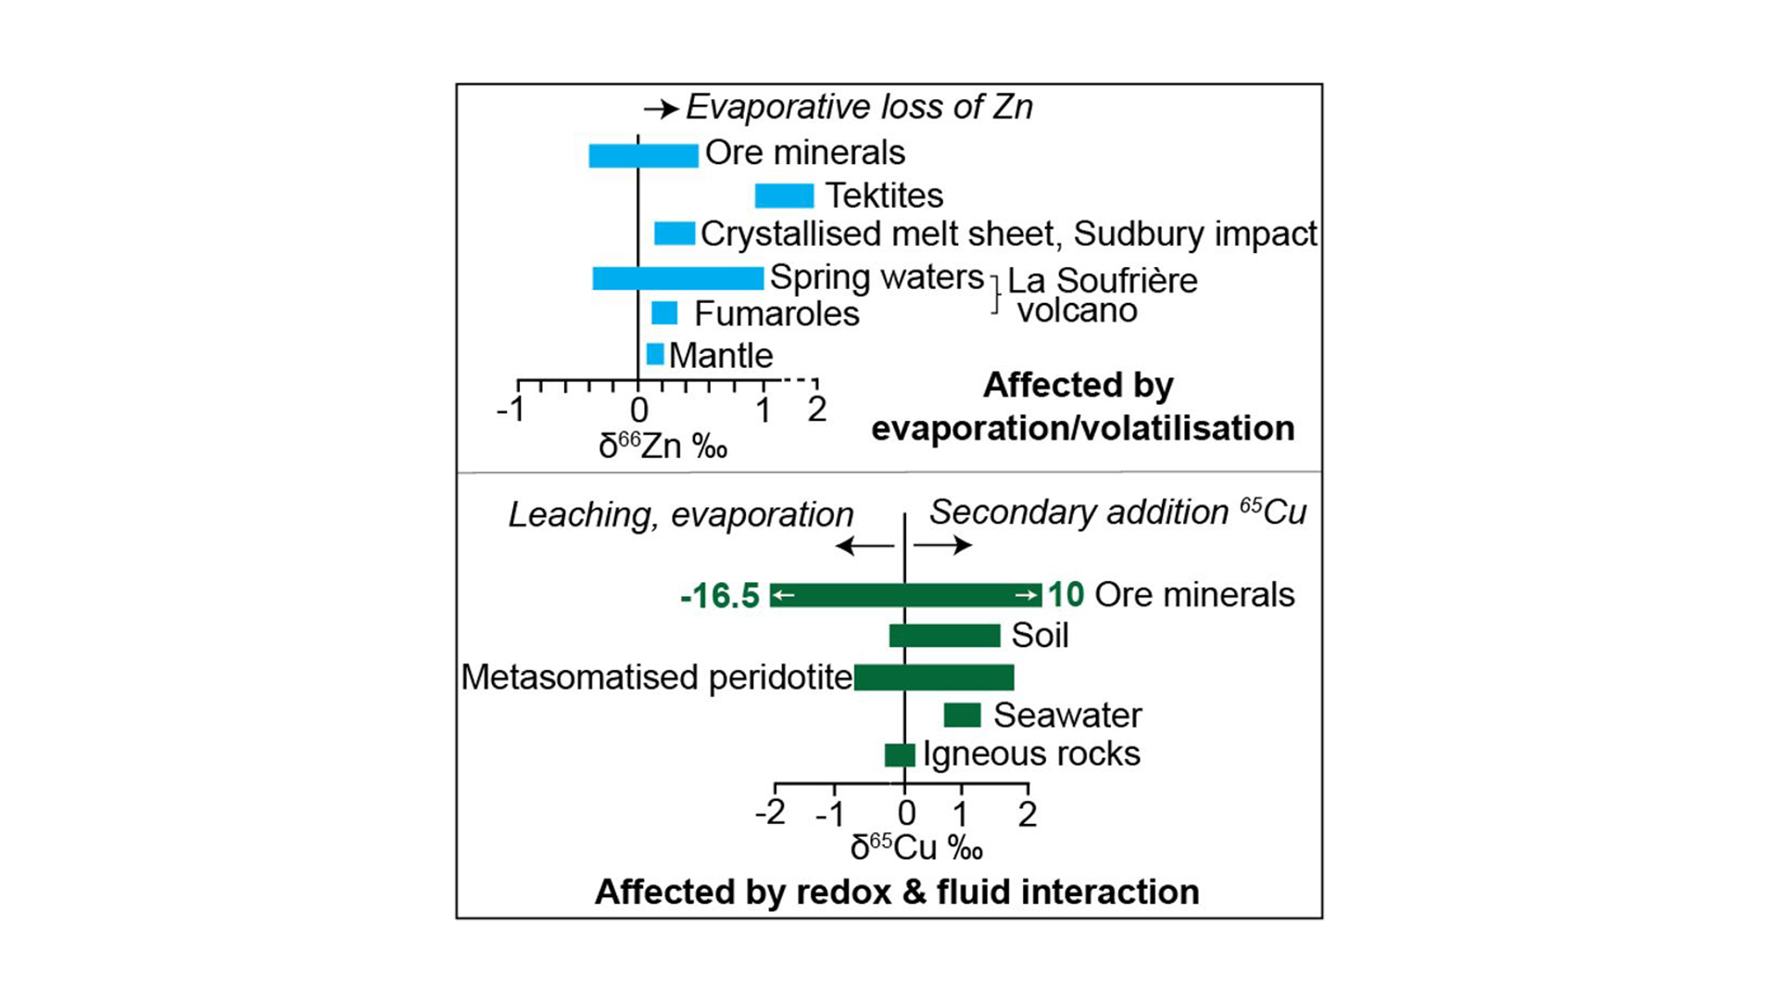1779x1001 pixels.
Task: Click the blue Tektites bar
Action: click(x=784, y=196)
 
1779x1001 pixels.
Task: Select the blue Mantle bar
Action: click(x=655, y=354)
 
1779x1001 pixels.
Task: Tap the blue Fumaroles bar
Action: click(x=664, y=313)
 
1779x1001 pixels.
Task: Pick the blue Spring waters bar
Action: click(x=678, y=277)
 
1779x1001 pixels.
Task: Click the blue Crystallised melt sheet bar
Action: click(x=675, y=234)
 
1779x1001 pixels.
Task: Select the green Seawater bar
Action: click(x=962, y=715)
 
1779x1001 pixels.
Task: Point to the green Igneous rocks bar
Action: click(x=900, y=754)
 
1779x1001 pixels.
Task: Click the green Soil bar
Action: click(x=944, y=636)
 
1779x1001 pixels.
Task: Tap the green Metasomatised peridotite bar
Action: click(x=934, y=678)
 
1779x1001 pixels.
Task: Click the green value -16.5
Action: click(x=720, y=596)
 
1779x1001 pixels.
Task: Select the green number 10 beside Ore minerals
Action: click(x=1066, y=594)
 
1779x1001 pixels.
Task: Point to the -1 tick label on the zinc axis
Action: click(x=511, y=409)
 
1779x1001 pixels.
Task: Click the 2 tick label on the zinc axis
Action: click(x=816, y=409)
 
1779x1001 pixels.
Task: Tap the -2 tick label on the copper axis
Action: click(x=770, y=813)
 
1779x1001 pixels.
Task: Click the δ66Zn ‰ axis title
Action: click(x=662, y=447)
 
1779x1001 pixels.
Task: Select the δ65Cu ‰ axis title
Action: click(x=916, y=847)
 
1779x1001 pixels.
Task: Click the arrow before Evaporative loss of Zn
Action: click(x=662, y=109)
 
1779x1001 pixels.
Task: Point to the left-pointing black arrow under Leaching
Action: click(x=864, y=545)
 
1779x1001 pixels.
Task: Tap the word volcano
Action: click(x=1077, y=310)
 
